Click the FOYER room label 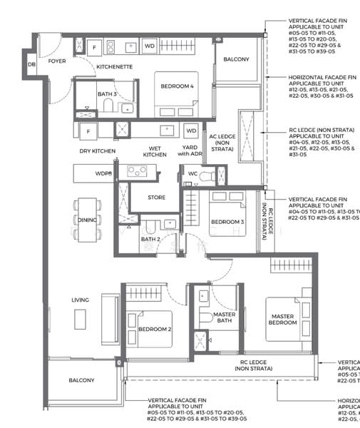tap(56, 61)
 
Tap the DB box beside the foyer tap(31, 65)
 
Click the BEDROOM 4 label tap(175, 86)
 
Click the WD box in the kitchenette tap(149, 46)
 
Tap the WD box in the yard tap(190, 131)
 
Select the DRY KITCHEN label tap(97, 151)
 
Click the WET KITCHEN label tap(155, 151)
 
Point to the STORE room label tap(156, 198)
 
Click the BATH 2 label tap(150, 240)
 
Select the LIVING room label tap(81, 300)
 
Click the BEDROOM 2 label tap(155, 329)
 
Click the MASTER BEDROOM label tap(282, 319)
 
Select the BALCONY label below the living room tap(81, 380)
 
